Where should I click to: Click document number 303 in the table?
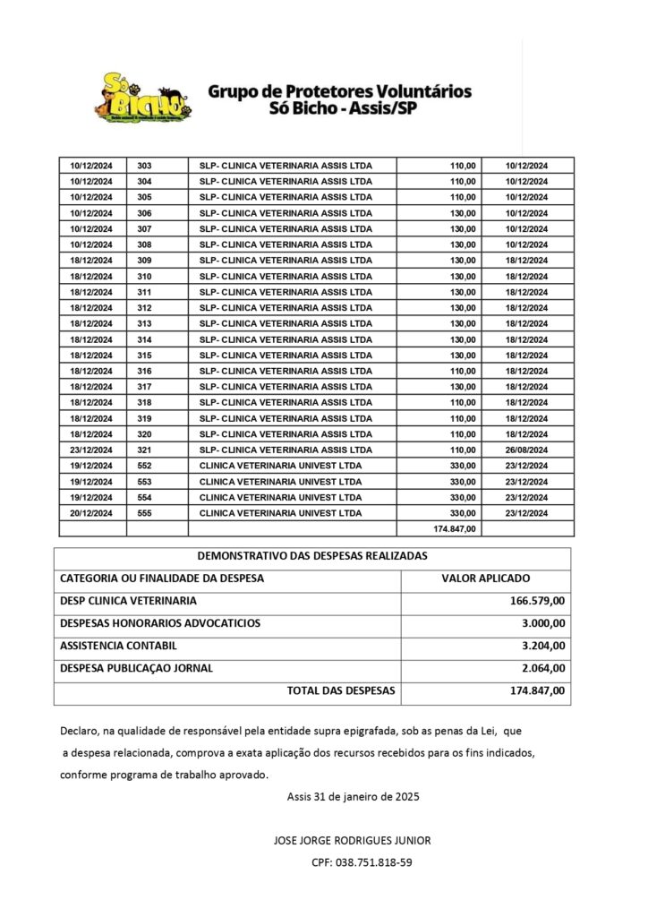tap(145, 166)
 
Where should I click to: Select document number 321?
tap(145, 450)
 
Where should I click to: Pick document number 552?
tap(145, 466)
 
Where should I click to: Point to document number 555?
tap(145, 513)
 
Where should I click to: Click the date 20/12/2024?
tap(91, 513)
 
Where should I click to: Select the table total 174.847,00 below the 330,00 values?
tap(454, 529)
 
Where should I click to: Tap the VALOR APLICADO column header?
tap(486, 578)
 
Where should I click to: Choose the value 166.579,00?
tap(534, 601)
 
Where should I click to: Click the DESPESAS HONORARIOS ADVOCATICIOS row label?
tap(160, 623)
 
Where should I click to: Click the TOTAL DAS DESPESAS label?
tap(341, 691)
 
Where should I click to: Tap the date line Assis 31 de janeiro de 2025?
tap(354, 796)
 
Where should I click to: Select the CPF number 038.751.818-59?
tap(362, 862)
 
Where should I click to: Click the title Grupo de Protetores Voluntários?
tap(340, 91)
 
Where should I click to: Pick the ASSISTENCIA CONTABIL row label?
tap(118, 646)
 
